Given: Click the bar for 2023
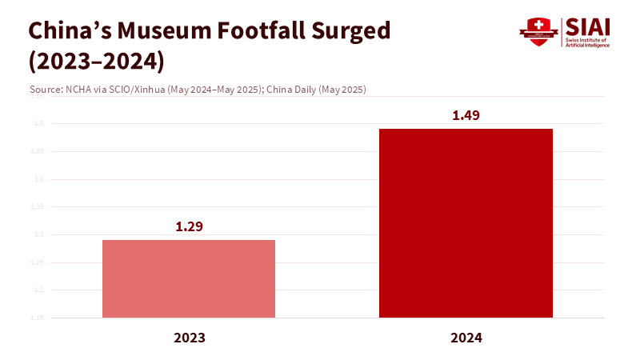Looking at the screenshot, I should click(x=189, y=278).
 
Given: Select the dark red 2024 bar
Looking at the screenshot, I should click(x=466, y=223).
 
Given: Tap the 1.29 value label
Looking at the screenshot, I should click(x=190, y=226).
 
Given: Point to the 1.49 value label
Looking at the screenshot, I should click(x=466, y=115).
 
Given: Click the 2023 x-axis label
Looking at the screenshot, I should click(x=190, y=338).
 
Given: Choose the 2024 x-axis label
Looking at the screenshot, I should click(x=466, y=338).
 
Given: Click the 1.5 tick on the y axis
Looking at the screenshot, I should click(x=38, y=124).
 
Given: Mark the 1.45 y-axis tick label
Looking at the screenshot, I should click(x=37, y=151).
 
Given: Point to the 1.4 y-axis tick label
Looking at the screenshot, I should click(x=38, y=179).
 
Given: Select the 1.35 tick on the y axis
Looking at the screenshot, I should click(x=37, y=207).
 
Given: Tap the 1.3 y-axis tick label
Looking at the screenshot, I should click(x=38, y=234).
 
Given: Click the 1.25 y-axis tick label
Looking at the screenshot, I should click(x=37, y=262).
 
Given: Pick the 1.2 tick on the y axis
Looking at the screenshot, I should click(x=38, y=290).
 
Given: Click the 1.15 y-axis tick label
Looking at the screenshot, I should click(x=37, y=318).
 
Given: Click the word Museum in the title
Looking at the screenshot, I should click(x=170, y=31).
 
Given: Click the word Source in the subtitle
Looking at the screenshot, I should click(x=43, y=90).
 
